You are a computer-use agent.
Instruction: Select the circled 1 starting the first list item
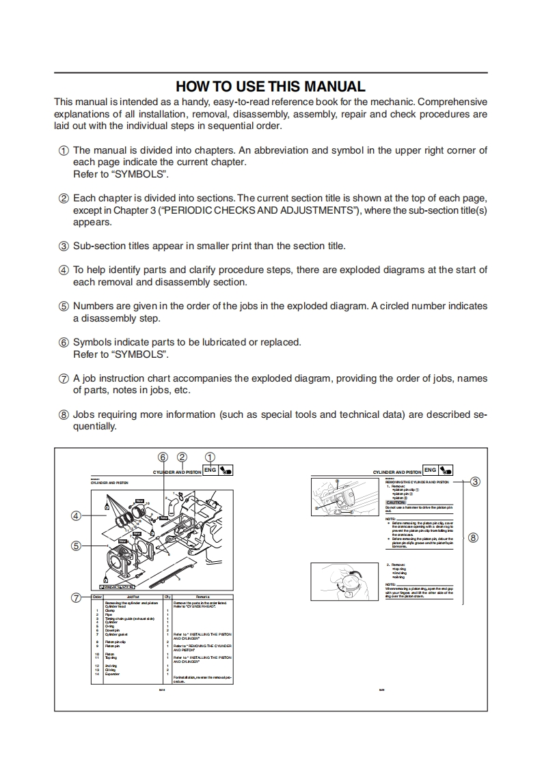[x=63, y=151]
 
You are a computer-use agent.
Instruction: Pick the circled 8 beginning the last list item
[x=63, y=414]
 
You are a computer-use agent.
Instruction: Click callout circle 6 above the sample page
[x=163, y=457]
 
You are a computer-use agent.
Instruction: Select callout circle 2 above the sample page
[x=182, y=457]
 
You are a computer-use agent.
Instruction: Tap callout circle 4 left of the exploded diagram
[x=77, y=516]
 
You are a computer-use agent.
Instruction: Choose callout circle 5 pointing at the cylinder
[x=77, y=545]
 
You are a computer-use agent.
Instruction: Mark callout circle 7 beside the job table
[x=77, y=598]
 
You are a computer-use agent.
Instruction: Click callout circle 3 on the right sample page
[x=476, y=481]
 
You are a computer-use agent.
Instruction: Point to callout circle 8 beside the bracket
[x=473, y=537]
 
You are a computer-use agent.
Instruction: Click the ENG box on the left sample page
[x=210, y=470]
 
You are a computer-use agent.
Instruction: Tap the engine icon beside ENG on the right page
[x=447, y=470]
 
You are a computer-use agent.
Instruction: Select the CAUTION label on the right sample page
[x=396, y=502]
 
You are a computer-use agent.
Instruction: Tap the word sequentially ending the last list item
[x=95, y=427]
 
